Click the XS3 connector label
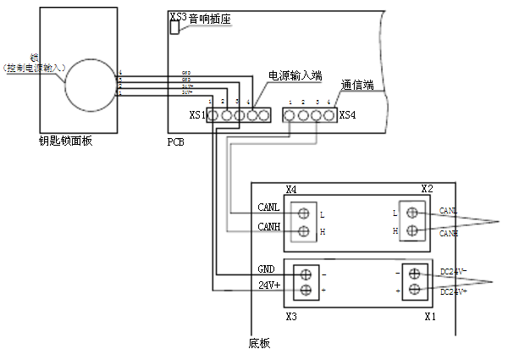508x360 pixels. coord(178,16)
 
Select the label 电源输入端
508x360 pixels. coord(295,75)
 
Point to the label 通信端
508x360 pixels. coord(357,85)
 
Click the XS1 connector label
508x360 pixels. coord(196,114)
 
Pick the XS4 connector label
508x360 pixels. coord(347,114)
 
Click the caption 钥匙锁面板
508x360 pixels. coord(65,141)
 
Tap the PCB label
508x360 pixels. coord(176,141)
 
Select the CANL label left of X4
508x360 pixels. coord(268,207)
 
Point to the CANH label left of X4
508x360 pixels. coord(268,226)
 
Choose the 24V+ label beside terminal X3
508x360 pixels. coord(269,285)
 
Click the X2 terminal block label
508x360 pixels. coord(427,188)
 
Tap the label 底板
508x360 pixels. coord(259,343)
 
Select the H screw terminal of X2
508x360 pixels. coord(412,230)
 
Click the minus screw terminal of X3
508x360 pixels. coord(306,274)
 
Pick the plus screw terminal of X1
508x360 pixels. coord(415,291)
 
